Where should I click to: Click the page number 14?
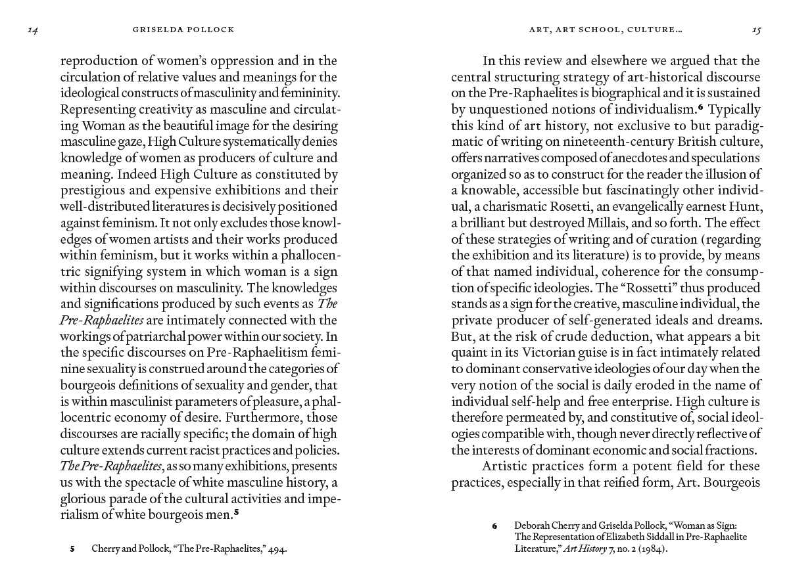[33, 30]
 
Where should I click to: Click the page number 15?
[755, 30]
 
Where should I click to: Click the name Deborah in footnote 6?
[534, 526]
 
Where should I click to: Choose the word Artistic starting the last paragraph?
[507, 466]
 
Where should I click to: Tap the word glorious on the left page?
[84, 498]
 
